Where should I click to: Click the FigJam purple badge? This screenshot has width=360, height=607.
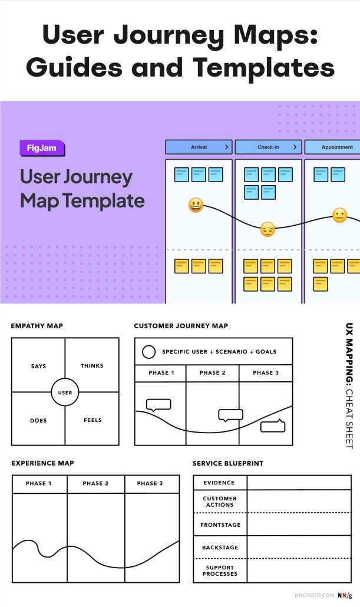41,148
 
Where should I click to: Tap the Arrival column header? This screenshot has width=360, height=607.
199,147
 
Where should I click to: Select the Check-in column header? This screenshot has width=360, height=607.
268,147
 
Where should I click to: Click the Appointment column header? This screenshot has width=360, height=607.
337,147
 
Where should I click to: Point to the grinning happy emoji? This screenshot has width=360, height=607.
196,206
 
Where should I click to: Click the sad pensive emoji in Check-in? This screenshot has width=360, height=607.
267,229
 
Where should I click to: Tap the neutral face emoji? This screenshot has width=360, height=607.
339,215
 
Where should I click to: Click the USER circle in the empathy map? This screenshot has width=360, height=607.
65,392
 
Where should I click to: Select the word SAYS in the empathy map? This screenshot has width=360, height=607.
38,366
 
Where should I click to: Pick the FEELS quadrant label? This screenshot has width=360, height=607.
93,420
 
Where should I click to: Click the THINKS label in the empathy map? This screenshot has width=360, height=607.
92,366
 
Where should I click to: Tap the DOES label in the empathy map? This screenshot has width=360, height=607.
38,420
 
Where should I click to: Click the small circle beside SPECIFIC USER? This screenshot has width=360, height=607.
150,352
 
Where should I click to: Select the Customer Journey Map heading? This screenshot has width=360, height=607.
181,326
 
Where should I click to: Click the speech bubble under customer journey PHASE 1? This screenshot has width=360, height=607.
158,405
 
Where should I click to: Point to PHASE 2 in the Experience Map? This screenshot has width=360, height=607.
95,484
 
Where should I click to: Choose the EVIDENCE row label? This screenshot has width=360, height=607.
219,483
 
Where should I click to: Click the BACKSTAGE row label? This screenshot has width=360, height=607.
220,547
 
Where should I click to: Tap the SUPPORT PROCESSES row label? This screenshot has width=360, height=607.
220,570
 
